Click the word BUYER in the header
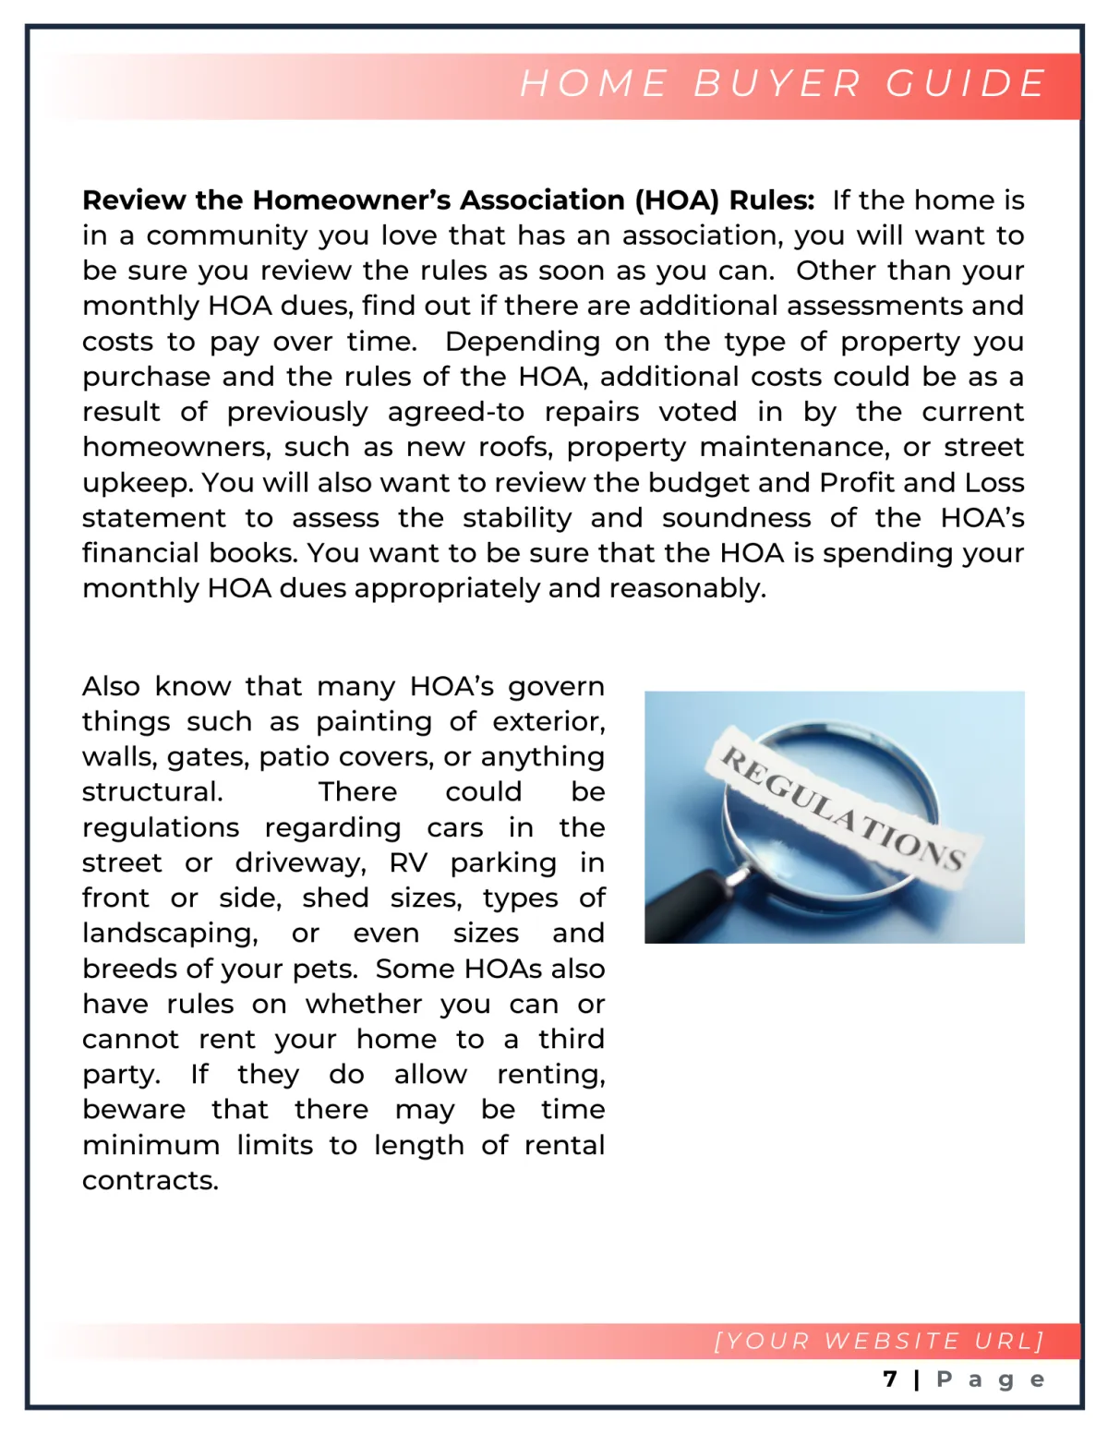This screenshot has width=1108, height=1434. pyautogui.click(x=777, y=84)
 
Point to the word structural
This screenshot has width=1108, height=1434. pyautogui.click(x=151, y=792)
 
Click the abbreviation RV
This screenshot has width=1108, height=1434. pyautogui.click(x=408, y=862)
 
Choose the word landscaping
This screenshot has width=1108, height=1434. pyautogui.click(x=170, y=934)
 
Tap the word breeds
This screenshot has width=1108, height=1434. pyautogui.click(x=127, y=969)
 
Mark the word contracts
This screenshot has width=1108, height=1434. pyautogui.click(x=150, y=1180)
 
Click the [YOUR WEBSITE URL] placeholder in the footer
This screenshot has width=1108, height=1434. pyautogui.click(x=878, y=1341)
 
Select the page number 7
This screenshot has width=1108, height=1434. pyautogui.click(x=890, y=1380)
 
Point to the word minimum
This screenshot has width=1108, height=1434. pyautogui.click(x=151, y=1145)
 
